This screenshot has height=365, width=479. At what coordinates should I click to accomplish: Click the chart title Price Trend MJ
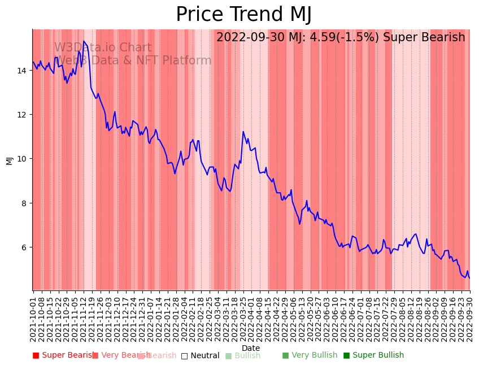pos(243,15)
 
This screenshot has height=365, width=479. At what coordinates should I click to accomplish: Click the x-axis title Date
pos(251,348)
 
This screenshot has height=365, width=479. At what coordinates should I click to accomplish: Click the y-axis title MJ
pos(10,160)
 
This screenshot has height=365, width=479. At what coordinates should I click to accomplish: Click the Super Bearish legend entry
pos(63,355)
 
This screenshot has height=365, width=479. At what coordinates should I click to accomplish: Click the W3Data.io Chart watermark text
pos(103,48)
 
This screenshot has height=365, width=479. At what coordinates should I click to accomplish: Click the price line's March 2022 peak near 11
pos(243,132)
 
